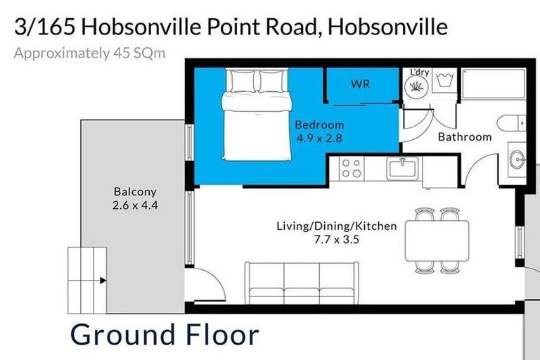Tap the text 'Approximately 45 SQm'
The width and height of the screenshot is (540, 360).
(90, 53)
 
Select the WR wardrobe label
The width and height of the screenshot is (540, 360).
(361, 84)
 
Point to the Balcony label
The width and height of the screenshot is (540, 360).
(135, 191)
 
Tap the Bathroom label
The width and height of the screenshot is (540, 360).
(464, 136)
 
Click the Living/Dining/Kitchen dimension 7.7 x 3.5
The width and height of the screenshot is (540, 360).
(337, 239)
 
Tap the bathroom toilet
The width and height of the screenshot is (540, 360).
(511, 123)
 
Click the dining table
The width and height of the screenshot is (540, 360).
(437, 240)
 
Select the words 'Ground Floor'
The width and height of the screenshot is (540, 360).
(165, 335)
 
